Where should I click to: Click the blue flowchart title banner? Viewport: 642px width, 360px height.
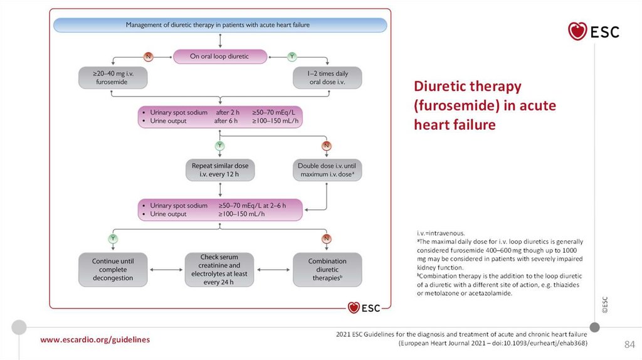pos(219,25)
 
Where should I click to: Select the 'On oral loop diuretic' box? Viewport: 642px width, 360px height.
pos(219,56)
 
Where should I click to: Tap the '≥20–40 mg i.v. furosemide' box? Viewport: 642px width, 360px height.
pos(110,78)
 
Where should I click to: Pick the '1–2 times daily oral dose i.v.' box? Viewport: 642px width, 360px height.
pos(328,78)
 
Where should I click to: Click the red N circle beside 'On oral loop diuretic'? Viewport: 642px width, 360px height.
pos(149,56)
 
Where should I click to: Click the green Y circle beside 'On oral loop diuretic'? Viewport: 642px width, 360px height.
pos(292,56)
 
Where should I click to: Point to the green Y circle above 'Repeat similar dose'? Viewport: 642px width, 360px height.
pos(219,146)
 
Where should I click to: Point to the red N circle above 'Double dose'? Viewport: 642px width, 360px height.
pos(327,146)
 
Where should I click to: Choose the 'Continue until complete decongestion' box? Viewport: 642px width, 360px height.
pos(113,270)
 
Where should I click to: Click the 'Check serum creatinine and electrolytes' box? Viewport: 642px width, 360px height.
pos(219,270)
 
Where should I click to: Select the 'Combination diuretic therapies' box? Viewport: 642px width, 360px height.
pos(327,270)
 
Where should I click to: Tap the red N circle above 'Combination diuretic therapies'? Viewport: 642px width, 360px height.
pos(327,238)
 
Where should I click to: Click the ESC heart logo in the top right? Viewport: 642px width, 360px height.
pos(593,31)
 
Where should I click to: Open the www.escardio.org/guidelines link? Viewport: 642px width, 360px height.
pos(95,339)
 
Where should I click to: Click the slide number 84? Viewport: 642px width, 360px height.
pos(629,345)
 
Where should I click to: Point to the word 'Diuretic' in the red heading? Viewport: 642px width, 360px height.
pos(441,86)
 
